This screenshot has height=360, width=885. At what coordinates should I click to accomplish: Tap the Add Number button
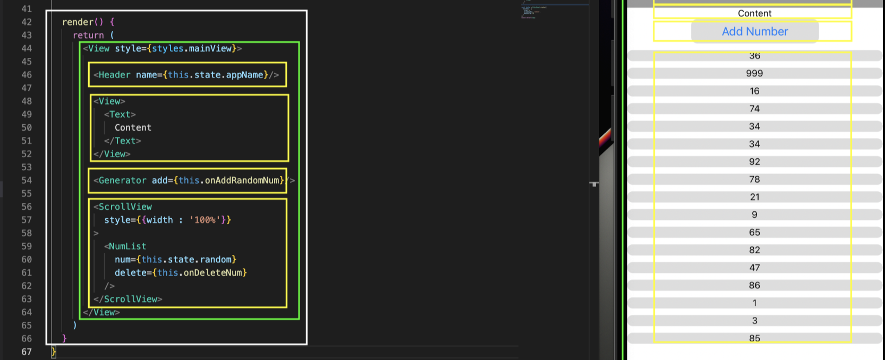click(x=754, y=31)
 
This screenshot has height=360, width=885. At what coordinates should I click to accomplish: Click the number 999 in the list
click(x=754, y=73)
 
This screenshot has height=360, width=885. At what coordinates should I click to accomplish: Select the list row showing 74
click(x=754, y=109)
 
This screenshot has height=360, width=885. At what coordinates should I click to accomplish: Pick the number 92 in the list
click(x=754, y=162)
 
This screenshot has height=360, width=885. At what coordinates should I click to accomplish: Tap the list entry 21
click(x=754, y=197)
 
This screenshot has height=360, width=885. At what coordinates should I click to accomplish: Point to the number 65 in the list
click(x=754, y=233)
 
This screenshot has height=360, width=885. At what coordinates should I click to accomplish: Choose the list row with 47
click(x=754, y=268)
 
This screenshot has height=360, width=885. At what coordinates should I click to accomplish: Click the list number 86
click(x=754, y=285)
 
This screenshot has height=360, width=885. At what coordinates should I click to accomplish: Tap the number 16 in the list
click(x=754, y=91)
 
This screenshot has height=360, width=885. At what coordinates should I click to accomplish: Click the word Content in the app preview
click(x=754, y=13)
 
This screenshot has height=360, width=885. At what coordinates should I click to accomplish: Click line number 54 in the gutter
click(x=27, y=181)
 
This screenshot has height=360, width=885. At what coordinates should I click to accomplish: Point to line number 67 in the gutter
click(x=27, y=352)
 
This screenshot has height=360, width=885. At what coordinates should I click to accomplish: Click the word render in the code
click(x=78, y=22)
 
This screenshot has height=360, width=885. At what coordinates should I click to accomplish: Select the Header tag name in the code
click(x=114, y=75)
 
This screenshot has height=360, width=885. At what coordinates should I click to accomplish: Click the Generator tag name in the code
click(x=122, y=181)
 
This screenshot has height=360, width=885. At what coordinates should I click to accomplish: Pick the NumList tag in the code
click(x=127, y=246)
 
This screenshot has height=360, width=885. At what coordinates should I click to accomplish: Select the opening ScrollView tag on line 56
click(x=125, y=207)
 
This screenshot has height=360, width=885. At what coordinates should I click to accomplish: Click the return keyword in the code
click(x=88, y=35)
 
